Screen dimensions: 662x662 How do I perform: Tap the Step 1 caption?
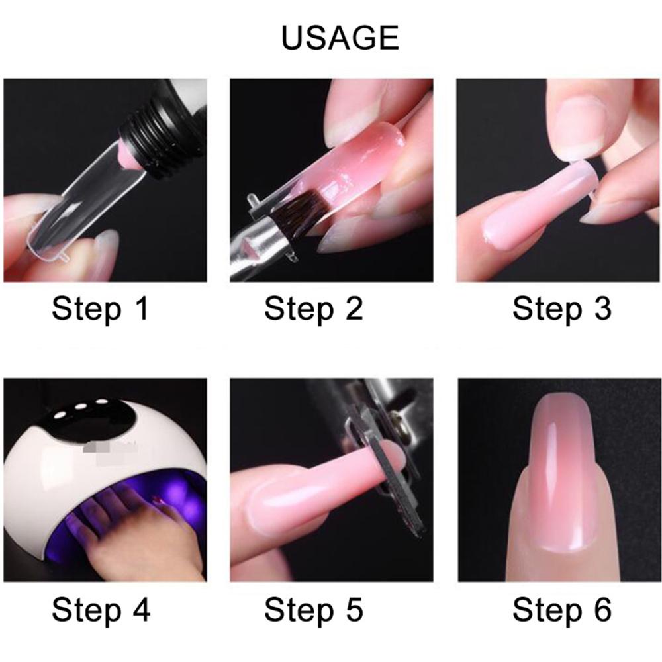pos(101,309)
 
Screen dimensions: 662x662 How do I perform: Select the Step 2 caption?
pos(314,309)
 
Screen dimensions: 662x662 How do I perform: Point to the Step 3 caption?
pos(561,309)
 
